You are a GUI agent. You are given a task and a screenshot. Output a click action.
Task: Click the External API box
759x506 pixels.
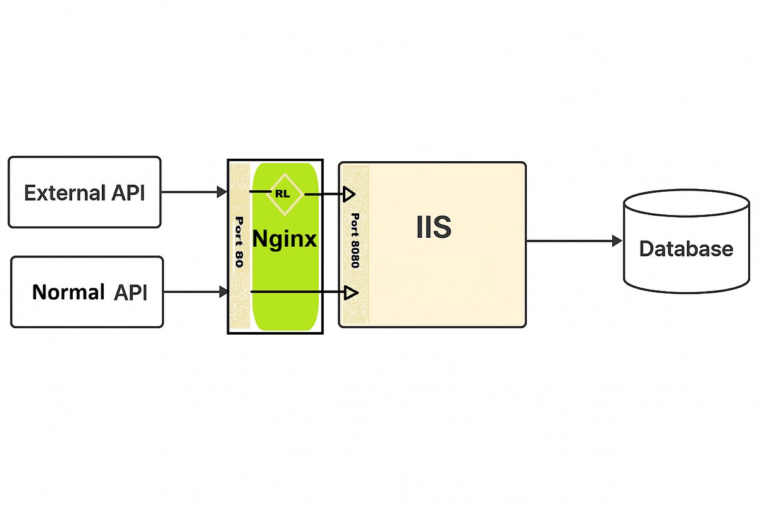click(84, 192)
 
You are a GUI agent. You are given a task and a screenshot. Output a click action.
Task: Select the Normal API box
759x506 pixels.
click(87, 292)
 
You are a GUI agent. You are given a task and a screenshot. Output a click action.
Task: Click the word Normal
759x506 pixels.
click(68, 292)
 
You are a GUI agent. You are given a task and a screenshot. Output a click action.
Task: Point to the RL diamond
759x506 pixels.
click(282, 194)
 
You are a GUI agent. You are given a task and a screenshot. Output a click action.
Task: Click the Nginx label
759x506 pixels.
click(285, 239)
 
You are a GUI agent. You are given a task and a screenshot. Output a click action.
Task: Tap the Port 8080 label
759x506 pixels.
click(354, 240)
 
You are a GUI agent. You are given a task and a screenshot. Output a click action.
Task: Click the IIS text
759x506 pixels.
click(433, 228)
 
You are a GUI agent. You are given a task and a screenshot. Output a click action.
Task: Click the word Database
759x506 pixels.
click(686, 249)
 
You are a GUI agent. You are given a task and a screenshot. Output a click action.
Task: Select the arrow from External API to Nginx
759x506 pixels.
click(193, 191)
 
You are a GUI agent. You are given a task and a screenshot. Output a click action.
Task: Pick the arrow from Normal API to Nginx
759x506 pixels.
click(195, 292)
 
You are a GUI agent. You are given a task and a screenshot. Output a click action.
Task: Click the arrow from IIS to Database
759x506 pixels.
click(569, 241)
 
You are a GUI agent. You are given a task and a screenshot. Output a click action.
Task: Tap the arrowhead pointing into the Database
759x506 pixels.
click(615, 241)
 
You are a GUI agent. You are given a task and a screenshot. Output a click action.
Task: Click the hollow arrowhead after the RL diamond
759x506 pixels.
click(349, 194)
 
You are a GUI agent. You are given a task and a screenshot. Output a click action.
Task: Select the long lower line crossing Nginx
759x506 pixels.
click(297, 292)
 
